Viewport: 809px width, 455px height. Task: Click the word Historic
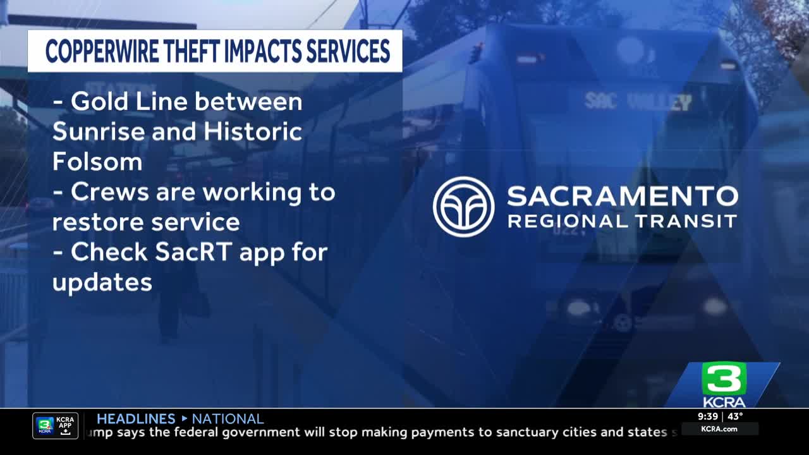253,131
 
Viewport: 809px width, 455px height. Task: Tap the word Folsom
97,162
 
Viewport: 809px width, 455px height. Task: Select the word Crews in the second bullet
110,191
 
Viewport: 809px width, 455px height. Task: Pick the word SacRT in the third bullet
186,252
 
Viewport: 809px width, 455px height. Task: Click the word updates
102,282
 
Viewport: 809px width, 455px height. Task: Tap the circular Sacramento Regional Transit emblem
463,207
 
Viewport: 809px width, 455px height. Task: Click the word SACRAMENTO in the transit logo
622,197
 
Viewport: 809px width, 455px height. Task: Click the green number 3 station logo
724,379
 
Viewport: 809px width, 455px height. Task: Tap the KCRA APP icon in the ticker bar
56,426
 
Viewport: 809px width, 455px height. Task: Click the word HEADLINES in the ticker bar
136,418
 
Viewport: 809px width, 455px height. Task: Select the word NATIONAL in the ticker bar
228,418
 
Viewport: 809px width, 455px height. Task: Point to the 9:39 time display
707,416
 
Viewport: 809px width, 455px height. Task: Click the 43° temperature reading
735,416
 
